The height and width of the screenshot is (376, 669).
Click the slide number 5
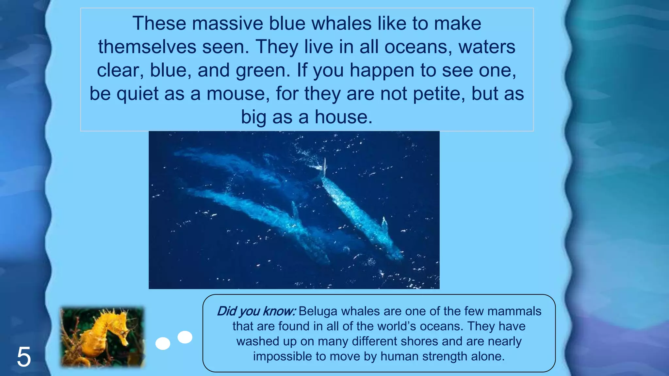pos(24,357)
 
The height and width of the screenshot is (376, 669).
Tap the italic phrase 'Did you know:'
pos(256,311)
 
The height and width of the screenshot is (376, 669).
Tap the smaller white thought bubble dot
pos(185,337)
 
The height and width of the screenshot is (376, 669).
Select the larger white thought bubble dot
pos(163,343)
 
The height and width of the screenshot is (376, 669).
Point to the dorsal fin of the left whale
pos(295,209)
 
